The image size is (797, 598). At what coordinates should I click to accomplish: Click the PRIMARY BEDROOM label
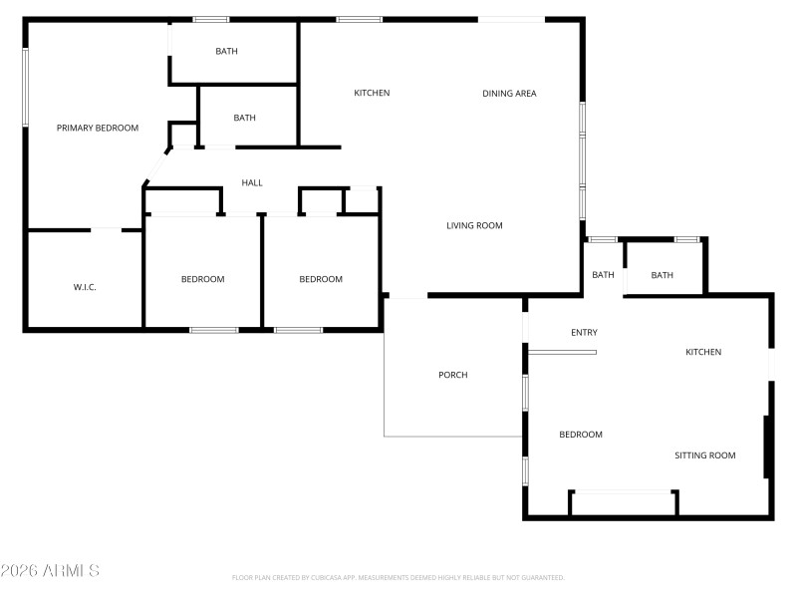(x=97, y=128)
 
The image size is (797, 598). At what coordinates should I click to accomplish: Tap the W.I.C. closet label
(x=85, y=287)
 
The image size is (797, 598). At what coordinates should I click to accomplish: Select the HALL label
(x=252, y=182)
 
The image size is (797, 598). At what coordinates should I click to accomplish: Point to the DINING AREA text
(x=509, y=94)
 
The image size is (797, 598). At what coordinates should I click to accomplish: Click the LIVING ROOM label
(x=474, y=225)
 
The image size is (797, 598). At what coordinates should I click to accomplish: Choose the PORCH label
(x=452, y=375)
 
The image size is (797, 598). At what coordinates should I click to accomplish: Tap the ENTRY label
(x=584, y=332)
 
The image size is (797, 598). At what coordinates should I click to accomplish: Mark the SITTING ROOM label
(x=704, y=455)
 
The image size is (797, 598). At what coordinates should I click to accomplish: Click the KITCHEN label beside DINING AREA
(x=372, y=93)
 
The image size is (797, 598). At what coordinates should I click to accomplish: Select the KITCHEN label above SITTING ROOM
(x=703, y=352)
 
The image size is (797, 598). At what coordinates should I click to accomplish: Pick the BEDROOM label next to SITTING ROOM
(x=580, y=435)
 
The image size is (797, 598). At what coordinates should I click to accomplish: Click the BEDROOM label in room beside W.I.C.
(x=202, y=279)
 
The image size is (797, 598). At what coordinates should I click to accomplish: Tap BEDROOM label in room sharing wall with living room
(x=321, y=279)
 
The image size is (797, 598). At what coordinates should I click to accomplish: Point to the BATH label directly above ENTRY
(x=603, y=275)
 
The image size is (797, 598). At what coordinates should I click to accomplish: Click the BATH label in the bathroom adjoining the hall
(x=244, y=118)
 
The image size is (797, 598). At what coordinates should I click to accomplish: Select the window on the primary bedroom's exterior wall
(x=26, y=87)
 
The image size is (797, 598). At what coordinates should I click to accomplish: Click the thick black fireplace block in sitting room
(x=766, y=447)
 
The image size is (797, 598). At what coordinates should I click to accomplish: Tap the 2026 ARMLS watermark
(x=50, y=571)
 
